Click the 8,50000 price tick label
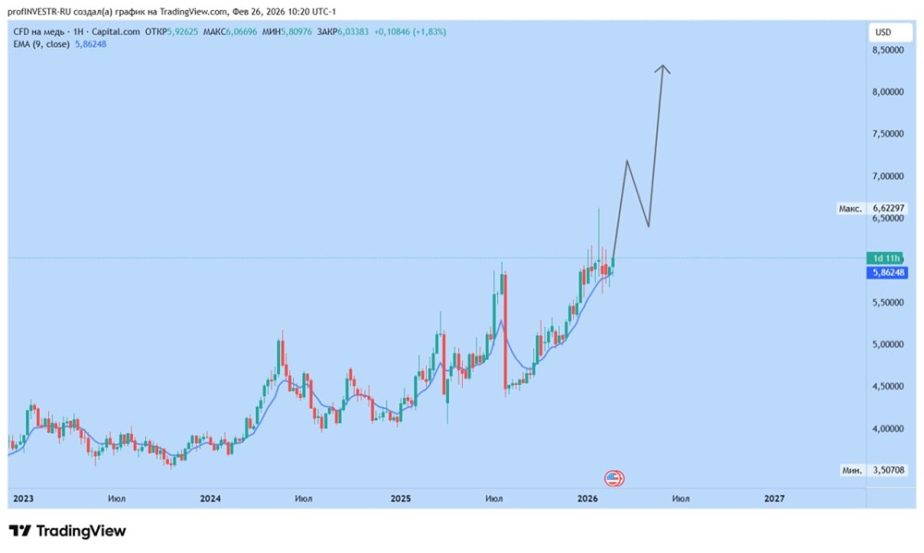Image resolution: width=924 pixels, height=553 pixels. tap(887, 51)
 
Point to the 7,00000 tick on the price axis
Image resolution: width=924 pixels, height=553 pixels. tap(887, 176)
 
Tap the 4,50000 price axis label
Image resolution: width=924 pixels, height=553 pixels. tap(887, 387)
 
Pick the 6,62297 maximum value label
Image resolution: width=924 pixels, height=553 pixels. tap(889, 209)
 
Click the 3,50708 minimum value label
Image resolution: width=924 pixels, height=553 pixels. tap(889, 470)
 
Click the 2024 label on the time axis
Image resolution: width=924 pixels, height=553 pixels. tap(210, 499)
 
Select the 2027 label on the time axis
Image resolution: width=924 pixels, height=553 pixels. tap(774, 499)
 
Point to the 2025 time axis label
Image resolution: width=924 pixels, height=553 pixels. tap(400, 499)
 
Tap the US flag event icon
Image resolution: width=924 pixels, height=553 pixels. tap(614, 478)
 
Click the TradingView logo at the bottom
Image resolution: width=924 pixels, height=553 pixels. tap(67, 531)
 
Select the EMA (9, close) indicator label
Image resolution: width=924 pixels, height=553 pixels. tap(42, 44)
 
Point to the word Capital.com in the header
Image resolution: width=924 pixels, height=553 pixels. tap(115, 31)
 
